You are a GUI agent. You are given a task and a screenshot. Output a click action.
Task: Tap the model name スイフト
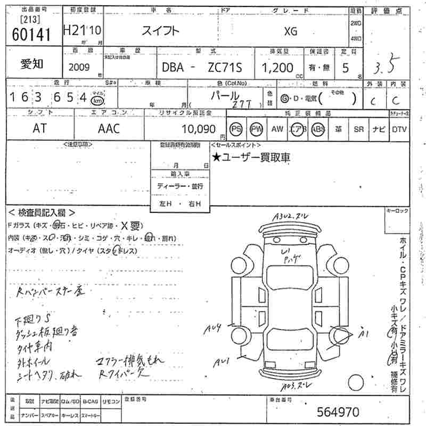point(160,31)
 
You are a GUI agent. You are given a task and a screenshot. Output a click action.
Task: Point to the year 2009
point(79,68)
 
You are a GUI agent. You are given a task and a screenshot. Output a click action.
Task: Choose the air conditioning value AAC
point(109,128)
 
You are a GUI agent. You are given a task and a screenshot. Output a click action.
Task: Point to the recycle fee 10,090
point(198,129)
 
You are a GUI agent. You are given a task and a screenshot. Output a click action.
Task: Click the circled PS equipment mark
point(236,129)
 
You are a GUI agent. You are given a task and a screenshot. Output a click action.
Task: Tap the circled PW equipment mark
point(257,129)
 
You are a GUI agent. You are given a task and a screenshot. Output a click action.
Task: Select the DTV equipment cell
point(399,129)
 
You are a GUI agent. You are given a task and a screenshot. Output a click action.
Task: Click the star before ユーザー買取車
point(216,157)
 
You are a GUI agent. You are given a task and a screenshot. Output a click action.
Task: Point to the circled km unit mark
point(97,100)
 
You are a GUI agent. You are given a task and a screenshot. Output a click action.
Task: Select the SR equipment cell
point(359,129)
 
